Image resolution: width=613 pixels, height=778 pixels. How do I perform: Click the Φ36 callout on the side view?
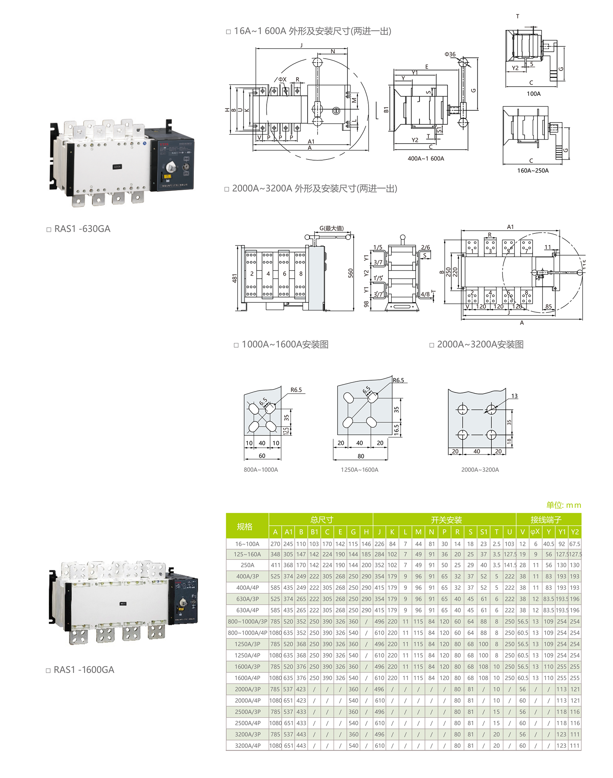tap(450, 54)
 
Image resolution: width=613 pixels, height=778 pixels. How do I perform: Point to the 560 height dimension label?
tap(351, 273)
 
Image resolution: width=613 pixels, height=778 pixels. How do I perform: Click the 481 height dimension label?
tap(234, 278)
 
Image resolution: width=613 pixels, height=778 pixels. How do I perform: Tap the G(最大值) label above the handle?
tap(331, 228)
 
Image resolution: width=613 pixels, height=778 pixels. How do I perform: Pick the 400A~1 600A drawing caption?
tap(426, 159)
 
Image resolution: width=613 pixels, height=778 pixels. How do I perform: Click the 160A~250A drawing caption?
tap(533, 171)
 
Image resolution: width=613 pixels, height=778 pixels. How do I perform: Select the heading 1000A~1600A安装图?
tap(285, 345)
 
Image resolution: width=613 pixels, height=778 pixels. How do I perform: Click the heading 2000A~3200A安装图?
tap(480, 345)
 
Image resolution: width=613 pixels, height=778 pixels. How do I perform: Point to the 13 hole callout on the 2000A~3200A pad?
tap(514, 396)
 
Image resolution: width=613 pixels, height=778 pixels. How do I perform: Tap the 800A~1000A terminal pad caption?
tap(261, 469)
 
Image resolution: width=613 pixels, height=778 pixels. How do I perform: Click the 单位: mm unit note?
tap(564, 505)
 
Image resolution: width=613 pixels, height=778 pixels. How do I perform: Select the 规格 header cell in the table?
tap(244, 526)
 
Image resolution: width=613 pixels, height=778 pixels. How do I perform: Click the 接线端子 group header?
tap(546, 520)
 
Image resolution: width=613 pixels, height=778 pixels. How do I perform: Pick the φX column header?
tap(535, 532)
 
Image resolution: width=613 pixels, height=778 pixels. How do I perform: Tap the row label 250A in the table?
tap(247, 565)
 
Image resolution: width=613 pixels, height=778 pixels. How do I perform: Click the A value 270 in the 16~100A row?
tap(275, 544)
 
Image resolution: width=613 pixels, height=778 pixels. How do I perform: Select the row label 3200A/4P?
tap(247, 746)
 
